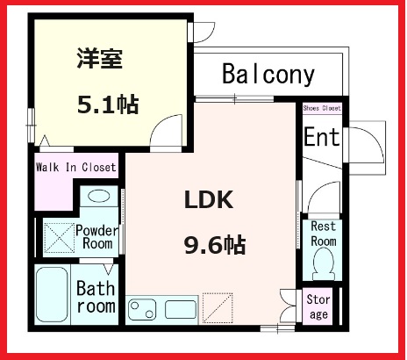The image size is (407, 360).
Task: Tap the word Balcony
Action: pyautogui.click(x=268, y=75)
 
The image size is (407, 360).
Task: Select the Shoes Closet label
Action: pyautogui.click(x=322, y=108)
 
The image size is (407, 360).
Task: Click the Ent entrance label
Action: pyautogui.click(x=321, y=138)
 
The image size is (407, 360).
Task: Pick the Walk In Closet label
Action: pyautogui.click(x=75, y=167)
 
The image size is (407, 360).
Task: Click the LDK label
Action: pyautogui.click(x=208, y=200)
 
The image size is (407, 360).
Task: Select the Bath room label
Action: pyautogui.click(x=95, y=296)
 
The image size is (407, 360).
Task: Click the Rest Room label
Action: pyautogui.click(x=324, y=234)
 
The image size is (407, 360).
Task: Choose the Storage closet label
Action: pyautogui.click(x=318, y=308)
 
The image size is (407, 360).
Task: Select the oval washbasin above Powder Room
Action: pyautogui.click(x=99, y=197)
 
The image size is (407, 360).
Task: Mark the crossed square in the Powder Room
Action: pyautogui.click(x=58, y=236)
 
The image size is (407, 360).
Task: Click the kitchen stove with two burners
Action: pyautogui.click(x=144, y=310)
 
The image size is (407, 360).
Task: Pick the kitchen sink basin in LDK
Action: pyautogui.click(x=181, y=309)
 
